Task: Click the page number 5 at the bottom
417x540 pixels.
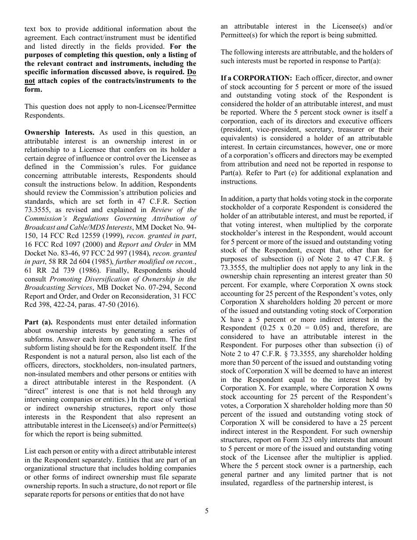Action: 206,511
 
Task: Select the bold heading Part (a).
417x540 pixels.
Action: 39,322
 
